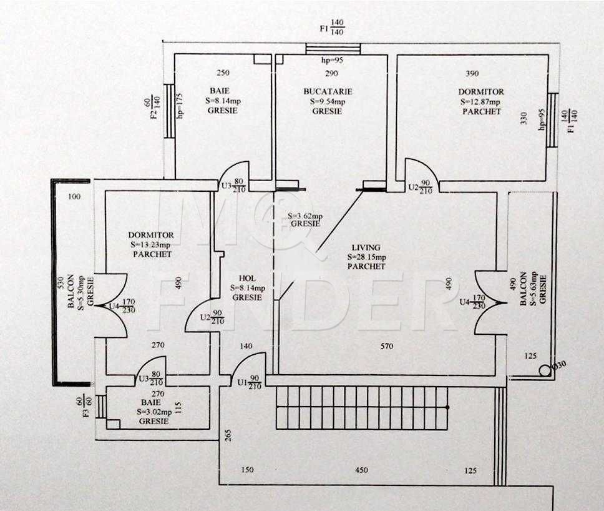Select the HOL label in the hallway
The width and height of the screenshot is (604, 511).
[x=246, y=279]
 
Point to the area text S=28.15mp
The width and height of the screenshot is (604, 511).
[x=366, y=257]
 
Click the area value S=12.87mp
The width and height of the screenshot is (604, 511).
[x=480, y=102]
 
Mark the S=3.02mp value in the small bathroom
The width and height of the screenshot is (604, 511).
[x=153, y=412]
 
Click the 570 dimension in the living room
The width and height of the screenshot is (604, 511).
[x=386, y=346]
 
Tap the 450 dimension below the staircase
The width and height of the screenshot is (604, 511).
[x=361, y=470]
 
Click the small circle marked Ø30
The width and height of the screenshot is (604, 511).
[x=545, y=370]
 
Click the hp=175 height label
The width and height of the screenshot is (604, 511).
[x=179, y=107]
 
